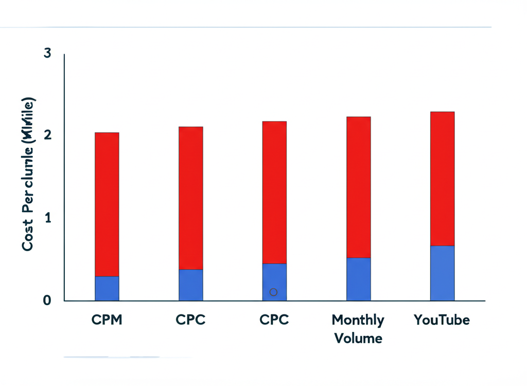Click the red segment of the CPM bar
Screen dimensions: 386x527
pyautogui.click(x=107, y=204)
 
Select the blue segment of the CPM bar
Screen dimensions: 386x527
pyautogui.click(x=107, y=288)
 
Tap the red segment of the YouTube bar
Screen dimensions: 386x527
pyautogui.click(x=442, y=179)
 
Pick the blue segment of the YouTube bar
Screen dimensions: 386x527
pyautogui.click(x=442, y=273)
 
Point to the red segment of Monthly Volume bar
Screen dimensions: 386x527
pyautogui.click(x=358, y=187)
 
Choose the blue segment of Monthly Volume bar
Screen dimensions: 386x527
pyautogui.click(x=358, y=279)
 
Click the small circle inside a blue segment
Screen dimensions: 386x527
pyautogui.click(x=274, y=292)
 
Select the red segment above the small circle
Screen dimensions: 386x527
pyautogui.click(x=274, y=192)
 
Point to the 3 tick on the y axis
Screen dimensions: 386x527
pyautogui.click(x=47, y=53)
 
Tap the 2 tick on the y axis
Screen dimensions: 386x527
pyautogui.click(x=47, y=135)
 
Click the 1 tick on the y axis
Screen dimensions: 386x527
pyautogui.click(x=47, y=218)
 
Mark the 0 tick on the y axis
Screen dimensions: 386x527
pyautogui.click(x=47, y=300)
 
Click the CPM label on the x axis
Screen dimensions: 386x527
pyautogui.click(x=107, y=320)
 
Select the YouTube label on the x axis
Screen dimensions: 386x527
pyautogui.click(x=442, y=320)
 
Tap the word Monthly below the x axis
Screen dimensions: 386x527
pyautogui.click(x=358, y=320)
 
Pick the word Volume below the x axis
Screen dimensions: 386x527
pyautogui.click(x=358, y=338)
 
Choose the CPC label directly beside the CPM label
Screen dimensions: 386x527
pyautogui.click(x=190, y=320)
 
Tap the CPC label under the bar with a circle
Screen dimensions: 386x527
pyautogui.click(x=274, y=320)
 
